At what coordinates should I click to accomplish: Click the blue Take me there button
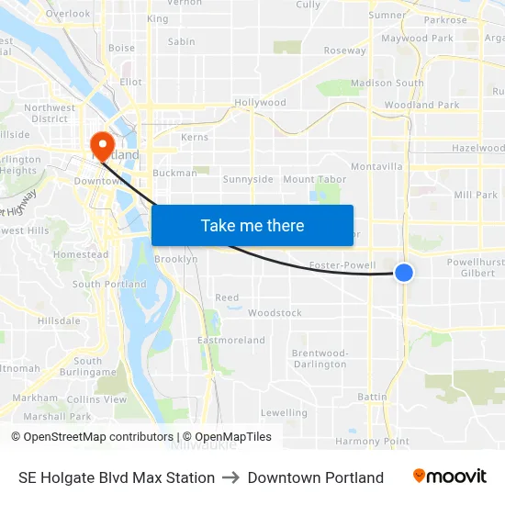[252, 225]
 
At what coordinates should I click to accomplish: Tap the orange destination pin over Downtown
[100, 145]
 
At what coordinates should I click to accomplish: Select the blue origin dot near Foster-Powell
[403, 272]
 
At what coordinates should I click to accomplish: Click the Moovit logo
[449, 477]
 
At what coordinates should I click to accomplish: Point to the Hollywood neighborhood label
[260, 103]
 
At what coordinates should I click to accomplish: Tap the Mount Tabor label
[315, 180]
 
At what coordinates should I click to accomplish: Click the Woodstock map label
[275, 313]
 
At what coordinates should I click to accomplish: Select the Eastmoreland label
[231, 341]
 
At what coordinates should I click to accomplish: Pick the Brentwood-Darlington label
[320, 359]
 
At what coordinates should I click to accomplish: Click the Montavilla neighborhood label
[376, 166]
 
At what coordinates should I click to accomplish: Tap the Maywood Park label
[417, 39]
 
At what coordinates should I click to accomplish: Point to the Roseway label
[344, 50]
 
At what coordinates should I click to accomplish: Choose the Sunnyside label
[248, 179]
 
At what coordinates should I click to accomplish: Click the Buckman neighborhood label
[174, 173]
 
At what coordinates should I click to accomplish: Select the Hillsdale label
[59, 320]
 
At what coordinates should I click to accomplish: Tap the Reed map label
[227, 297]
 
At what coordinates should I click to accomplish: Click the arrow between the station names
[230, 477]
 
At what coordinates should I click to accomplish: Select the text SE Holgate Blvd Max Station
[117, 477]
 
